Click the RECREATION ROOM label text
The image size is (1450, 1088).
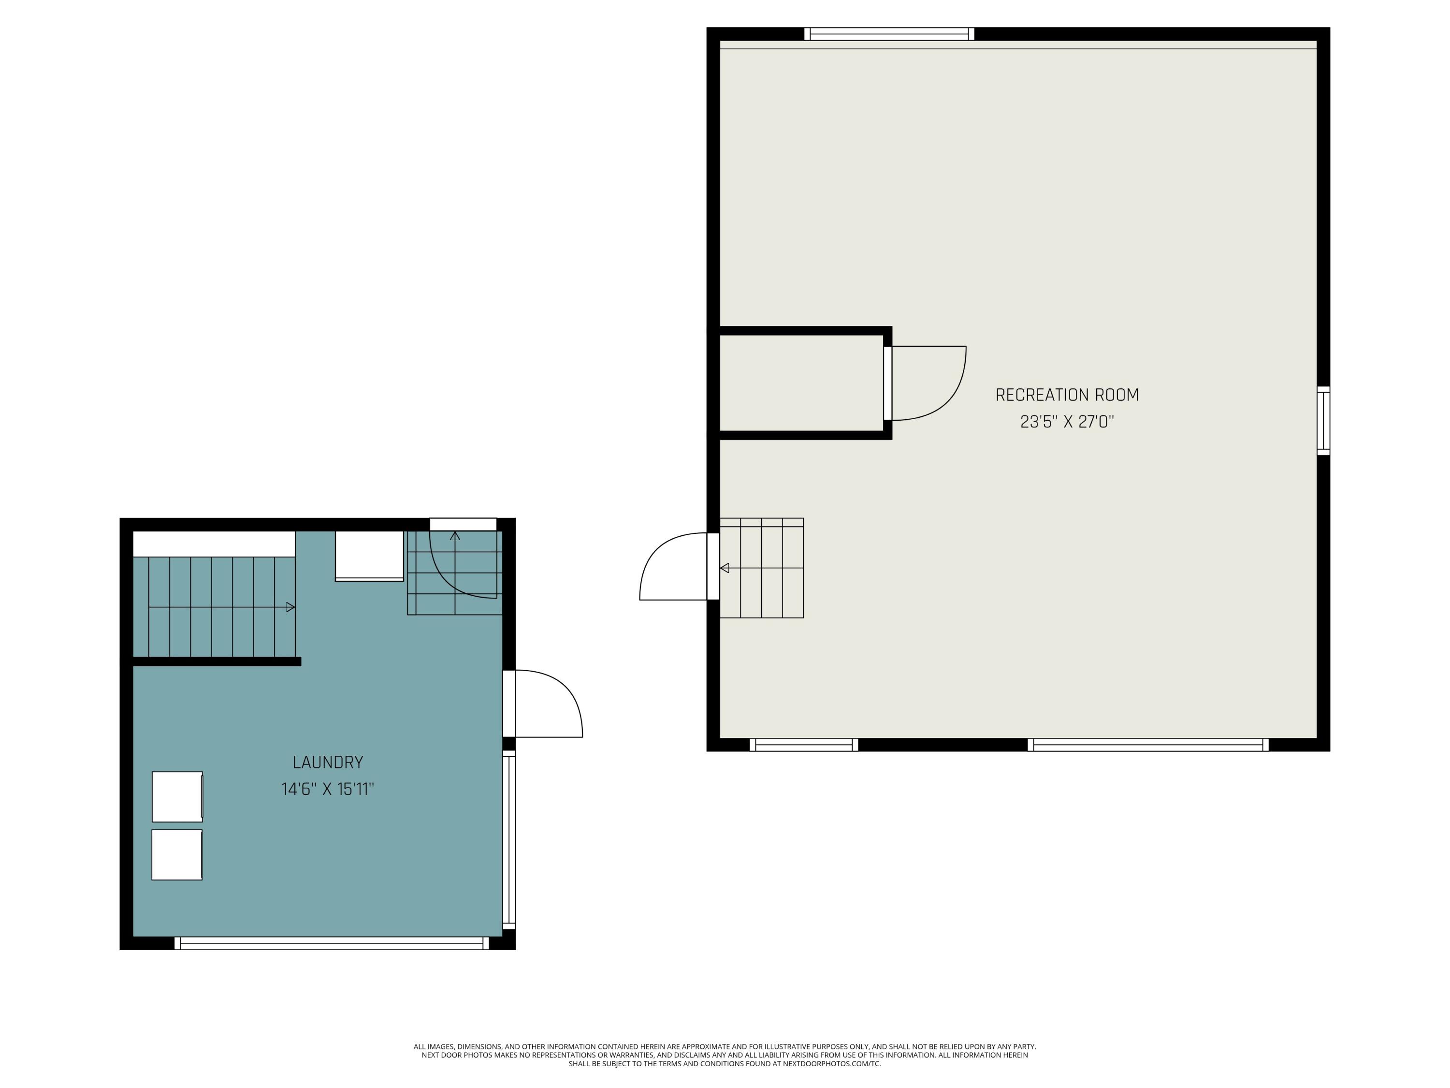click(x=1067, y=395)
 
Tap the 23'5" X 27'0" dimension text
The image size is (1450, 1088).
click(x=1067, y=422)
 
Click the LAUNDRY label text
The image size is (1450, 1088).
click(x=328, y=762)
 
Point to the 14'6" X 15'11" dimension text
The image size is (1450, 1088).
click(x=328, y=789)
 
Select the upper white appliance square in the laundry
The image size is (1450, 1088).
click(x=177, y=796)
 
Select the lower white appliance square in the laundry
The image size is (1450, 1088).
click(x=177, y=854)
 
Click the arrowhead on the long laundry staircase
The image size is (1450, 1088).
click(x=290, y=607)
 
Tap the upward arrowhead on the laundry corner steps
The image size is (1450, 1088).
click(x=455, y=536)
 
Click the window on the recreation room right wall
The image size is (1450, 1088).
click(x=1323, y=420)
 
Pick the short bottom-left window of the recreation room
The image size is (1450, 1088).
click(x=804, y=744)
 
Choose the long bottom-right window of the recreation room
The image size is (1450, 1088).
click(x=1148, y=744)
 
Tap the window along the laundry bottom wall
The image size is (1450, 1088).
click(x=331, y=943)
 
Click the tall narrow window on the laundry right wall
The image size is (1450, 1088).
click(x=508, y=839)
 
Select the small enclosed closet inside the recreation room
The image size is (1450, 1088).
click(x=801, y=383)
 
